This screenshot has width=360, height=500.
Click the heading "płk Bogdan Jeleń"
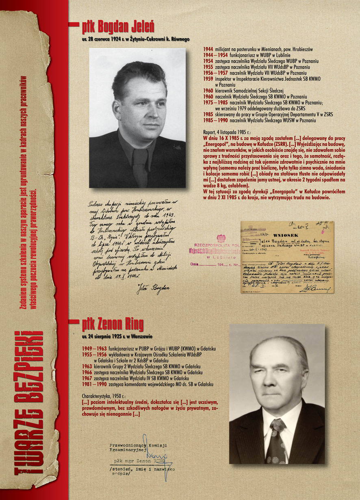pos(118,27)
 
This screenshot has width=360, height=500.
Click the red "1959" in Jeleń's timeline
pos(208,78)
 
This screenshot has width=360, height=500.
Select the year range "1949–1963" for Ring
pos(94,348)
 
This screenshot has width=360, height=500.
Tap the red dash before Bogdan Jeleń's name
pos(74,24)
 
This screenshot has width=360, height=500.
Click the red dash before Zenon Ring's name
pos(74,322)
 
